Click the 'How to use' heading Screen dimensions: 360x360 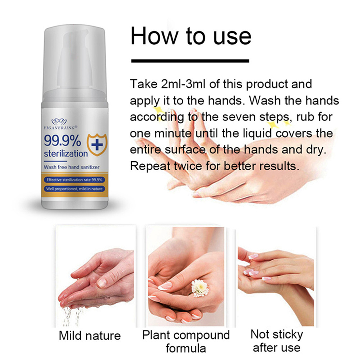coord(191,36)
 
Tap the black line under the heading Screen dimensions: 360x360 coord(190,61)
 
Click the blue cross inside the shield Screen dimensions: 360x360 coord(97,145)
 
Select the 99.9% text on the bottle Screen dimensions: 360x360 coord(62,140)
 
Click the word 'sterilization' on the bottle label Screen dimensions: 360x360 coord(66,154)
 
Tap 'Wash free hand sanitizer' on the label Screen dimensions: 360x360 coord(71,167)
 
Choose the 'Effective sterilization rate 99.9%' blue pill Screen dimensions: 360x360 coord(74,180)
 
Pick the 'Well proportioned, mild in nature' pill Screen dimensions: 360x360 coord(74,189)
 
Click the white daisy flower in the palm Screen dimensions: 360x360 coord(200,288)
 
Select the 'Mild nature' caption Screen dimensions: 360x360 coord(90,336)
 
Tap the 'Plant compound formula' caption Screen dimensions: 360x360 coord(186,341)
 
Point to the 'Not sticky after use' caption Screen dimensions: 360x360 coord(277,341)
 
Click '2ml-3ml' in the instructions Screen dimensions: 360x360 coord(183,84)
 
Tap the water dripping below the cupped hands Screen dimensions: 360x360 coord(71,316)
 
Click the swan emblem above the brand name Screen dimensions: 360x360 coord(59,122)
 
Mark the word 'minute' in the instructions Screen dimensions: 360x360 coord(173,133)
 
